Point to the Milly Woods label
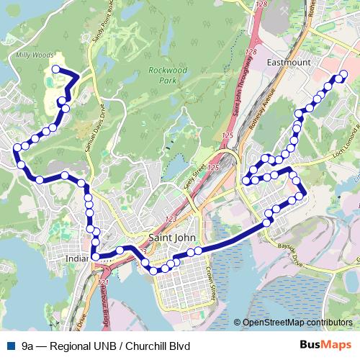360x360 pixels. pyautogui.click(x=28, y=55)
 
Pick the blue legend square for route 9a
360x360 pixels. pyautogui.click(x=10, y=346)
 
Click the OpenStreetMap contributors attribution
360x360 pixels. pyautogui.click(x=297, y=322)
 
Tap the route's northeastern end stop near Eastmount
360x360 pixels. pyautogui.click(x=343, y=74)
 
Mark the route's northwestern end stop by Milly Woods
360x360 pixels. pyautogui.click(x=55, y=69)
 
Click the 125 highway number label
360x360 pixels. pyautogui.click(x=228, y=135)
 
